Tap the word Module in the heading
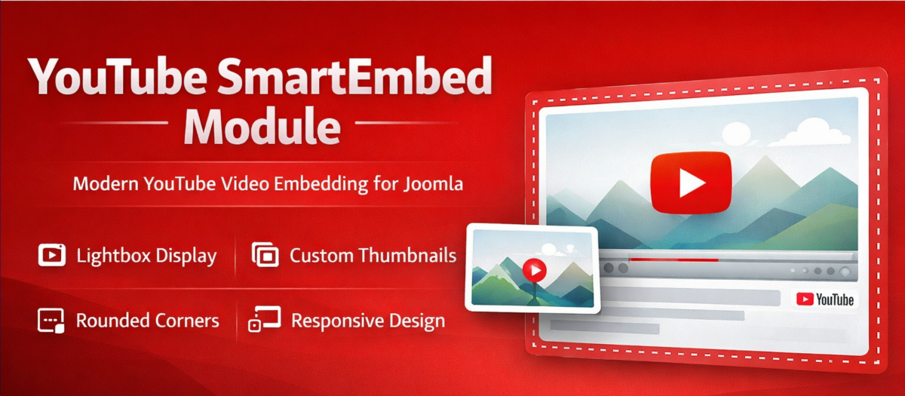[x=262, y=126]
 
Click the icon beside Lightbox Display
[x=52, y=255]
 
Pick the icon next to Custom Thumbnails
[x=265, y=255]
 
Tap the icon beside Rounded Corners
[x=51, y=321]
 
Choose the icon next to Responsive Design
[x=265, y=319]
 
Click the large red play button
[x=691, y=183]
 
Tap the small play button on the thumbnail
[x=535, y=270]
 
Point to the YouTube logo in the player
[x=824, y=299]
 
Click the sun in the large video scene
[x=736, y=133]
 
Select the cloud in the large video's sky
[x=814, y=133]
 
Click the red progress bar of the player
[x=673, y=259]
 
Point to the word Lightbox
[x=114, y=256]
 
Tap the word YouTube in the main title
[x=118, y=77]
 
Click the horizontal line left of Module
[x=114, y=122]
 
